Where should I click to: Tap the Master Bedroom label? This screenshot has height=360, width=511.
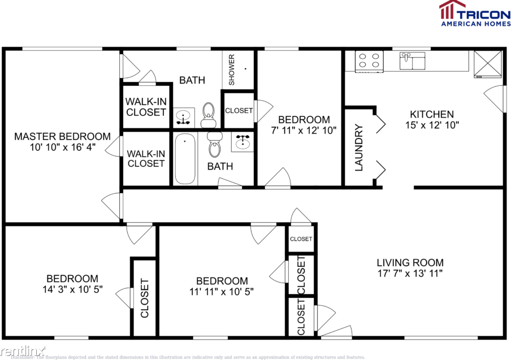pos(62,136)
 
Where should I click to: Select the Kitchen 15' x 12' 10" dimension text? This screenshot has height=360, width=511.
pos(432,125)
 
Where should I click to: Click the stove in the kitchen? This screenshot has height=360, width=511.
pos(369,61)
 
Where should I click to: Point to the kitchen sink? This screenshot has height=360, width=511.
pos(412,60)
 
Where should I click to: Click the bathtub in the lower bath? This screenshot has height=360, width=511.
pos(185,158)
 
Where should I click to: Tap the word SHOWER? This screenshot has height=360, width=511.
pos(232,70)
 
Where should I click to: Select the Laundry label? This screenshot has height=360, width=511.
pos(358,147)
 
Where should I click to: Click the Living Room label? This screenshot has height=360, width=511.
pos(410,262)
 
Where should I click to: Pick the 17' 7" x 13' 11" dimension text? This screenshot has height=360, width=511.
pos(410,274)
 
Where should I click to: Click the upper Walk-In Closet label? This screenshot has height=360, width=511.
pos(146,107)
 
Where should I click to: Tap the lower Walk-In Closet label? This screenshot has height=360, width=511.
pos(146,158)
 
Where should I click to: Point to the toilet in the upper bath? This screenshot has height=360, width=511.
pos(209,114)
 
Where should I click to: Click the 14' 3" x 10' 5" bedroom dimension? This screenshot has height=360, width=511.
pos(72,289)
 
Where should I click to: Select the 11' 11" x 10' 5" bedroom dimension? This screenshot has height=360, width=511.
pos(222,292)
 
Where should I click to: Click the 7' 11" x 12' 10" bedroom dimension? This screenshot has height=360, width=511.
pos(304,130)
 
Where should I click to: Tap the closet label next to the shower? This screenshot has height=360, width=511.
pos(239,111)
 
